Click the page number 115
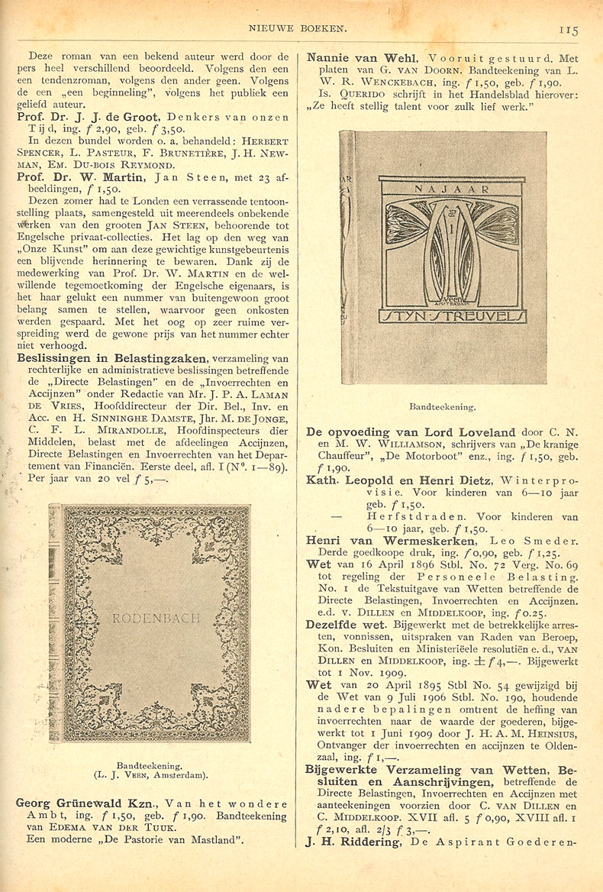click(569, 30)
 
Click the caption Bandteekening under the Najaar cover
click(443, 408)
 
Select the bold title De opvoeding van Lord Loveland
click(411, 432)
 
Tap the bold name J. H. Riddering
click(355, 842)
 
